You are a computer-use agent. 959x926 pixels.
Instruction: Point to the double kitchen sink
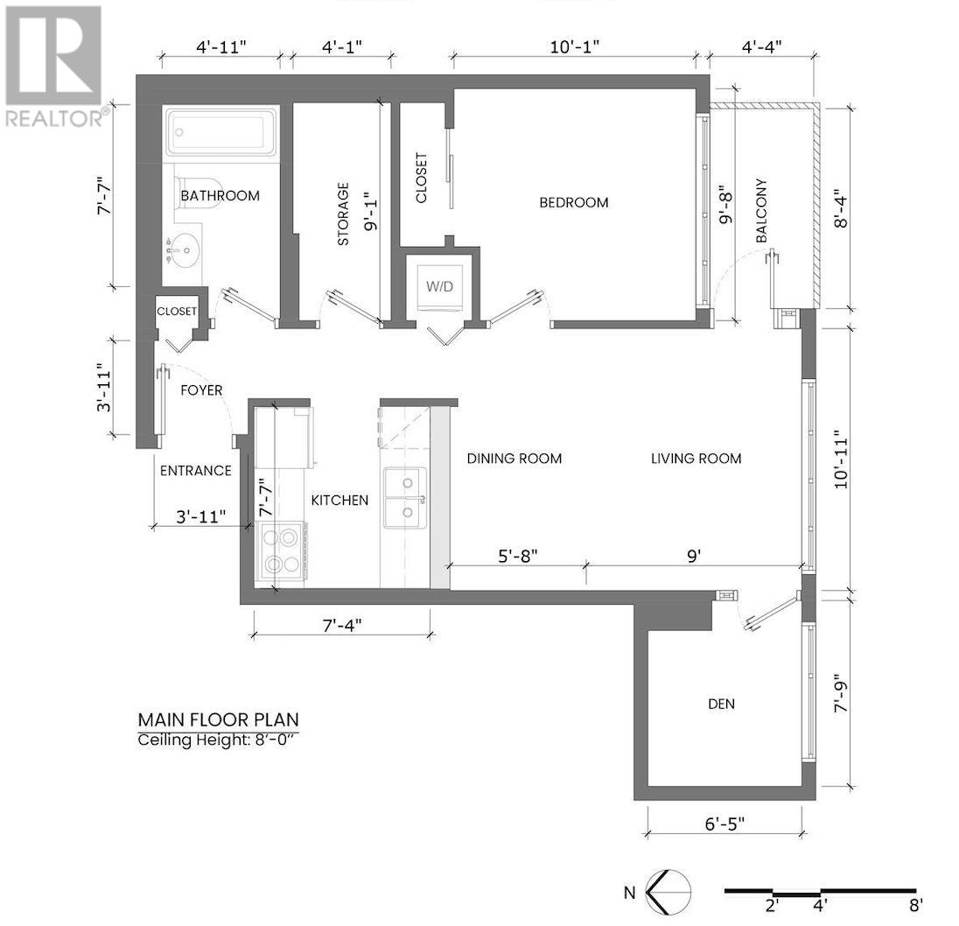click(405, 499)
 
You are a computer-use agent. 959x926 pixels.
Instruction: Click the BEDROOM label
click(573, 202)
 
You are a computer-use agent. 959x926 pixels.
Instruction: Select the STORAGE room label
click(343, 214)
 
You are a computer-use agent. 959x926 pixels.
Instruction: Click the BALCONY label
click(761, 211)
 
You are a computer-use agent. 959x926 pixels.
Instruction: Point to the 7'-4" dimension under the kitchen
click(341, 625)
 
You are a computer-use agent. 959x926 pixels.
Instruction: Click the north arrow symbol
click(668, 892)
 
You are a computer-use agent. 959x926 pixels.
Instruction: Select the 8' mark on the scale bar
click(915, 905)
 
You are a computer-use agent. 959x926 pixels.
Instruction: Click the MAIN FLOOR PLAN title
click(218, 719)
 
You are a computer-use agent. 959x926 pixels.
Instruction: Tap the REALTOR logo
click(53, 67)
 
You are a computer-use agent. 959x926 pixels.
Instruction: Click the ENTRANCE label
click(195, 471)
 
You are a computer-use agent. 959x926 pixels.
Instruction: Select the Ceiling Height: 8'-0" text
click(219, 740)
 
